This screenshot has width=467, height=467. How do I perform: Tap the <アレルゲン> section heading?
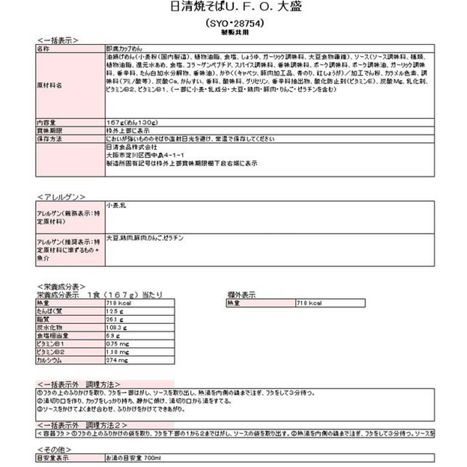pyautogui.click(x=61, y=196)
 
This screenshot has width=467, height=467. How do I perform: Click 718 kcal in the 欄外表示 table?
pyautogui.click(x=309, y=304)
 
